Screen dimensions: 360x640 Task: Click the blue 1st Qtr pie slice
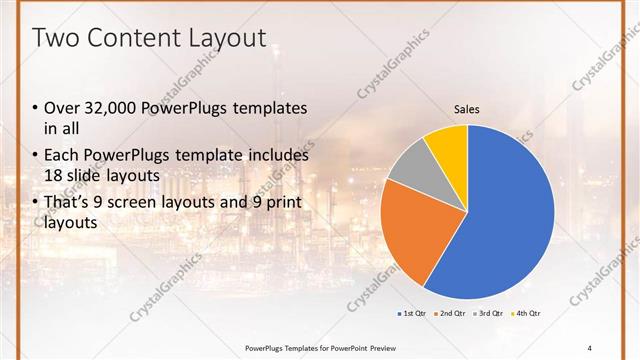pyautogui.click(x=510, y=220)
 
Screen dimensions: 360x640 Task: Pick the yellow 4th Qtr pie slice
pyautogui.click(x=447, y=145)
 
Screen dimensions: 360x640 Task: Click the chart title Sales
pyautogui.click(x=467, y=108)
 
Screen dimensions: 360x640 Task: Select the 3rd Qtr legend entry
pyautogui.click(x=488, y=313)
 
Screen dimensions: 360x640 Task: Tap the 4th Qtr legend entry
pyautogui.click(x=527, y=313)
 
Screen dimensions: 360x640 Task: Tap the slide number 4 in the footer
pyautogui.click(x=590, y=347)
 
